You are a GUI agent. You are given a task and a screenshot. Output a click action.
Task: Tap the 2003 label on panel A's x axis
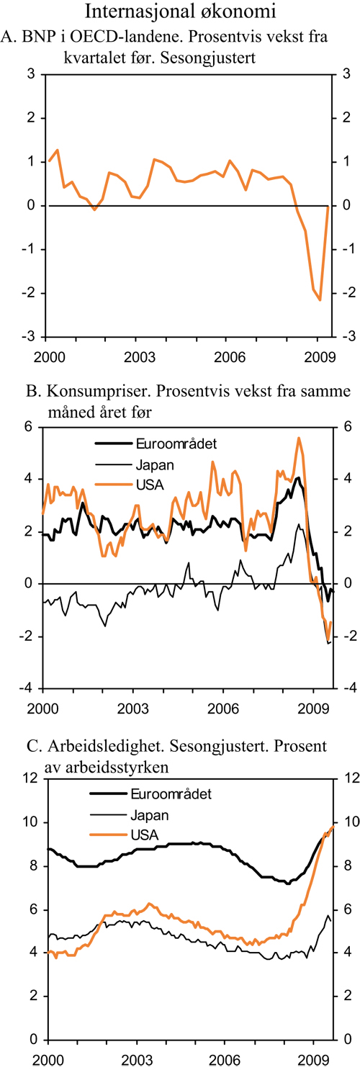(140, 356)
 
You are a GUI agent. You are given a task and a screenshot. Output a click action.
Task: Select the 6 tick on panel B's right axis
(346, 426)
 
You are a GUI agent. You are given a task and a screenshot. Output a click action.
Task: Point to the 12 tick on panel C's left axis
(29, 778)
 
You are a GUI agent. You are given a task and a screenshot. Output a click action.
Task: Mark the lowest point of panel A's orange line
(320, 300)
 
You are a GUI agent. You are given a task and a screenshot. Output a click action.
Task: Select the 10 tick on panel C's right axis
(348, 822)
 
